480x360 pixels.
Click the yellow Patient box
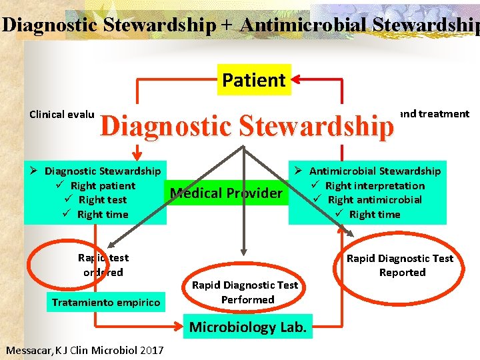pyautogui.click(x=254, y=81)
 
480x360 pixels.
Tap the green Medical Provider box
pyautogui.click(x=227, y=193)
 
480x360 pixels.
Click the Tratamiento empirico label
pyautogui.click(x=106, y=303)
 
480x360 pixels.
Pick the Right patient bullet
pyautogui.click(x=102, y=186)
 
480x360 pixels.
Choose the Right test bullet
pyautogui.click(x=103, y=200)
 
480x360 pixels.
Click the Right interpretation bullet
pyautogui.click(x=375, y=186)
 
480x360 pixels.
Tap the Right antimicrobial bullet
pyautogui.click(x=375, y=200)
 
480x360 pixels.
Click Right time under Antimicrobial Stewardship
pyautogui.click(x=375, y=214)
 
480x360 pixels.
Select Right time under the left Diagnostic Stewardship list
pyautogui.click(x=103, y=214)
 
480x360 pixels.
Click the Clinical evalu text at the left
pyautogui.click(x=63, y=114)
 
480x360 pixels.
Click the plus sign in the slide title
pyautogui.click(x=228, y=25)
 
